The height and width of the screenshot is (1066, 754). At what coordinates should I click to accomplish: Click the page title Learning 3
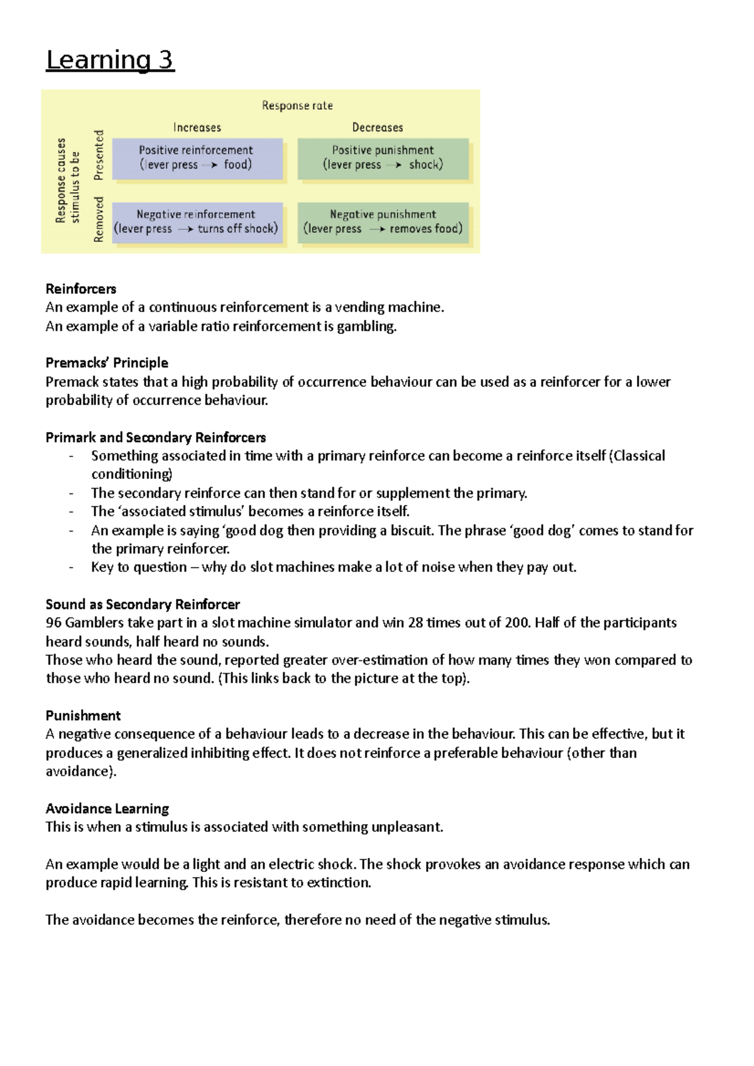click(x=110, y=60)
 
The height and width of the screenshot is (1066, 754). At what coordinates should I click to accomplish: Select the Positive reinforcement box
click(x=197, y=158)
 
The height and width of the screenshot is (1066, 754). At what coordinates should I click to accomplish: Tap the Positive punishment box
click(x=383, y=158)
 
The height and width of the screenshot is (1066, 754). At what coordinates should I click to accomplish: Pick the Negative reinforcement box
click(x=196, y=222)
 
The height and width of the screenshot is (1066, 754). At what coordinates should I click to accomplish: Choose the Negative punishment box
click(x=383, y=222)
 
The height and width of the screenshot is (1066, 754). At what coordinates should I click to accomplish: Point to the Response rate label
click(x=297, y=105)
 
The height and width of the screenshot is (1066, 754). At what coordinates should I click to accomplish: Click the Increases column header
click(x=197, y=127)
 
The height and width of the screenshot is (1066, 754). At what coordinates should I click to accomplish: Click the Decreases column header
click(x=377, y=127)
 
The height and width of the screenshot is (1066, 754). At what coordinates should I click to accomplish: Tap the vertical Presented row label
click(x=99, y=155)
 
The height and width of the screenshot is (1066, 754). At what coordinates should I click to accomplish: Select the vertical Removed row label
click(x=99, y=219)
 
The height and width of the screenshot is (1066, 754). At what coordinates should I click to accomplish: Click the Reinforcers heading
click(x=80, y=289)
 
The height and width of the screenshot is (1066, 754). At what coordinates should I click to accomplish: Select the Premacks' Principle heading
click(x=107, y=363)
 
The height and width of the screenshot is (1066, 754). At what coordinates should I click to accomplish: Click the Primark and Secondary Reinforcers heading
click(x=155, y=438)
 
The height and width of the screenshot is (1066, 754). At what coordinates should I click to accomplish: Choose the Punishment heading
click(x=83, y=716)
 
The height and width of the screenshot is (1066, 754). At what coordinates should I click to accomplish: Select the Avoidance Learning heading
click(x=107, y=809)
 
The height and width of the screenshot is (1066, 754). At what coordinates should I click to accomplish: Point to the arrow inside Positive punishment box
click(x=394, y=165)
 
